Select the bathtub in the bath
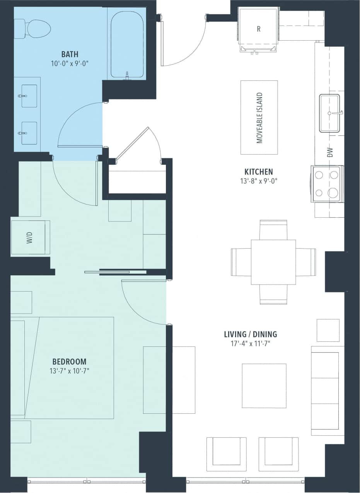click(x=127, y=43)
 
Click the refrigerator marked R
click(x=258, y=29)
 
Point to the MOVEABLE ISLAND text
click(x=259, y=118)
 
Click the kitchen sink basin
click(x=329, y=113)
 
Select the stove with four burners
click(x=327, y=184)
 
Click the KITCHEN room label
click(x=259, y=172)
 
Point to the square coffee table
click(x=264, y=386)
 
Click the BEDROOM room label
click(x=69, y=362)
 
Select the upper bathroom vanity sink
click(x=29, y=96)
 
